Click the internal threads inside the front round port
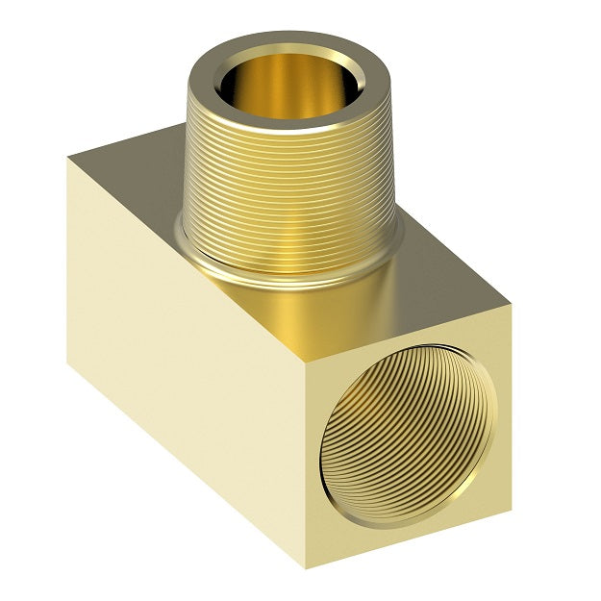pos(404,433)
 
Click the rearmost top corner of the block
pos(182,124)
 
